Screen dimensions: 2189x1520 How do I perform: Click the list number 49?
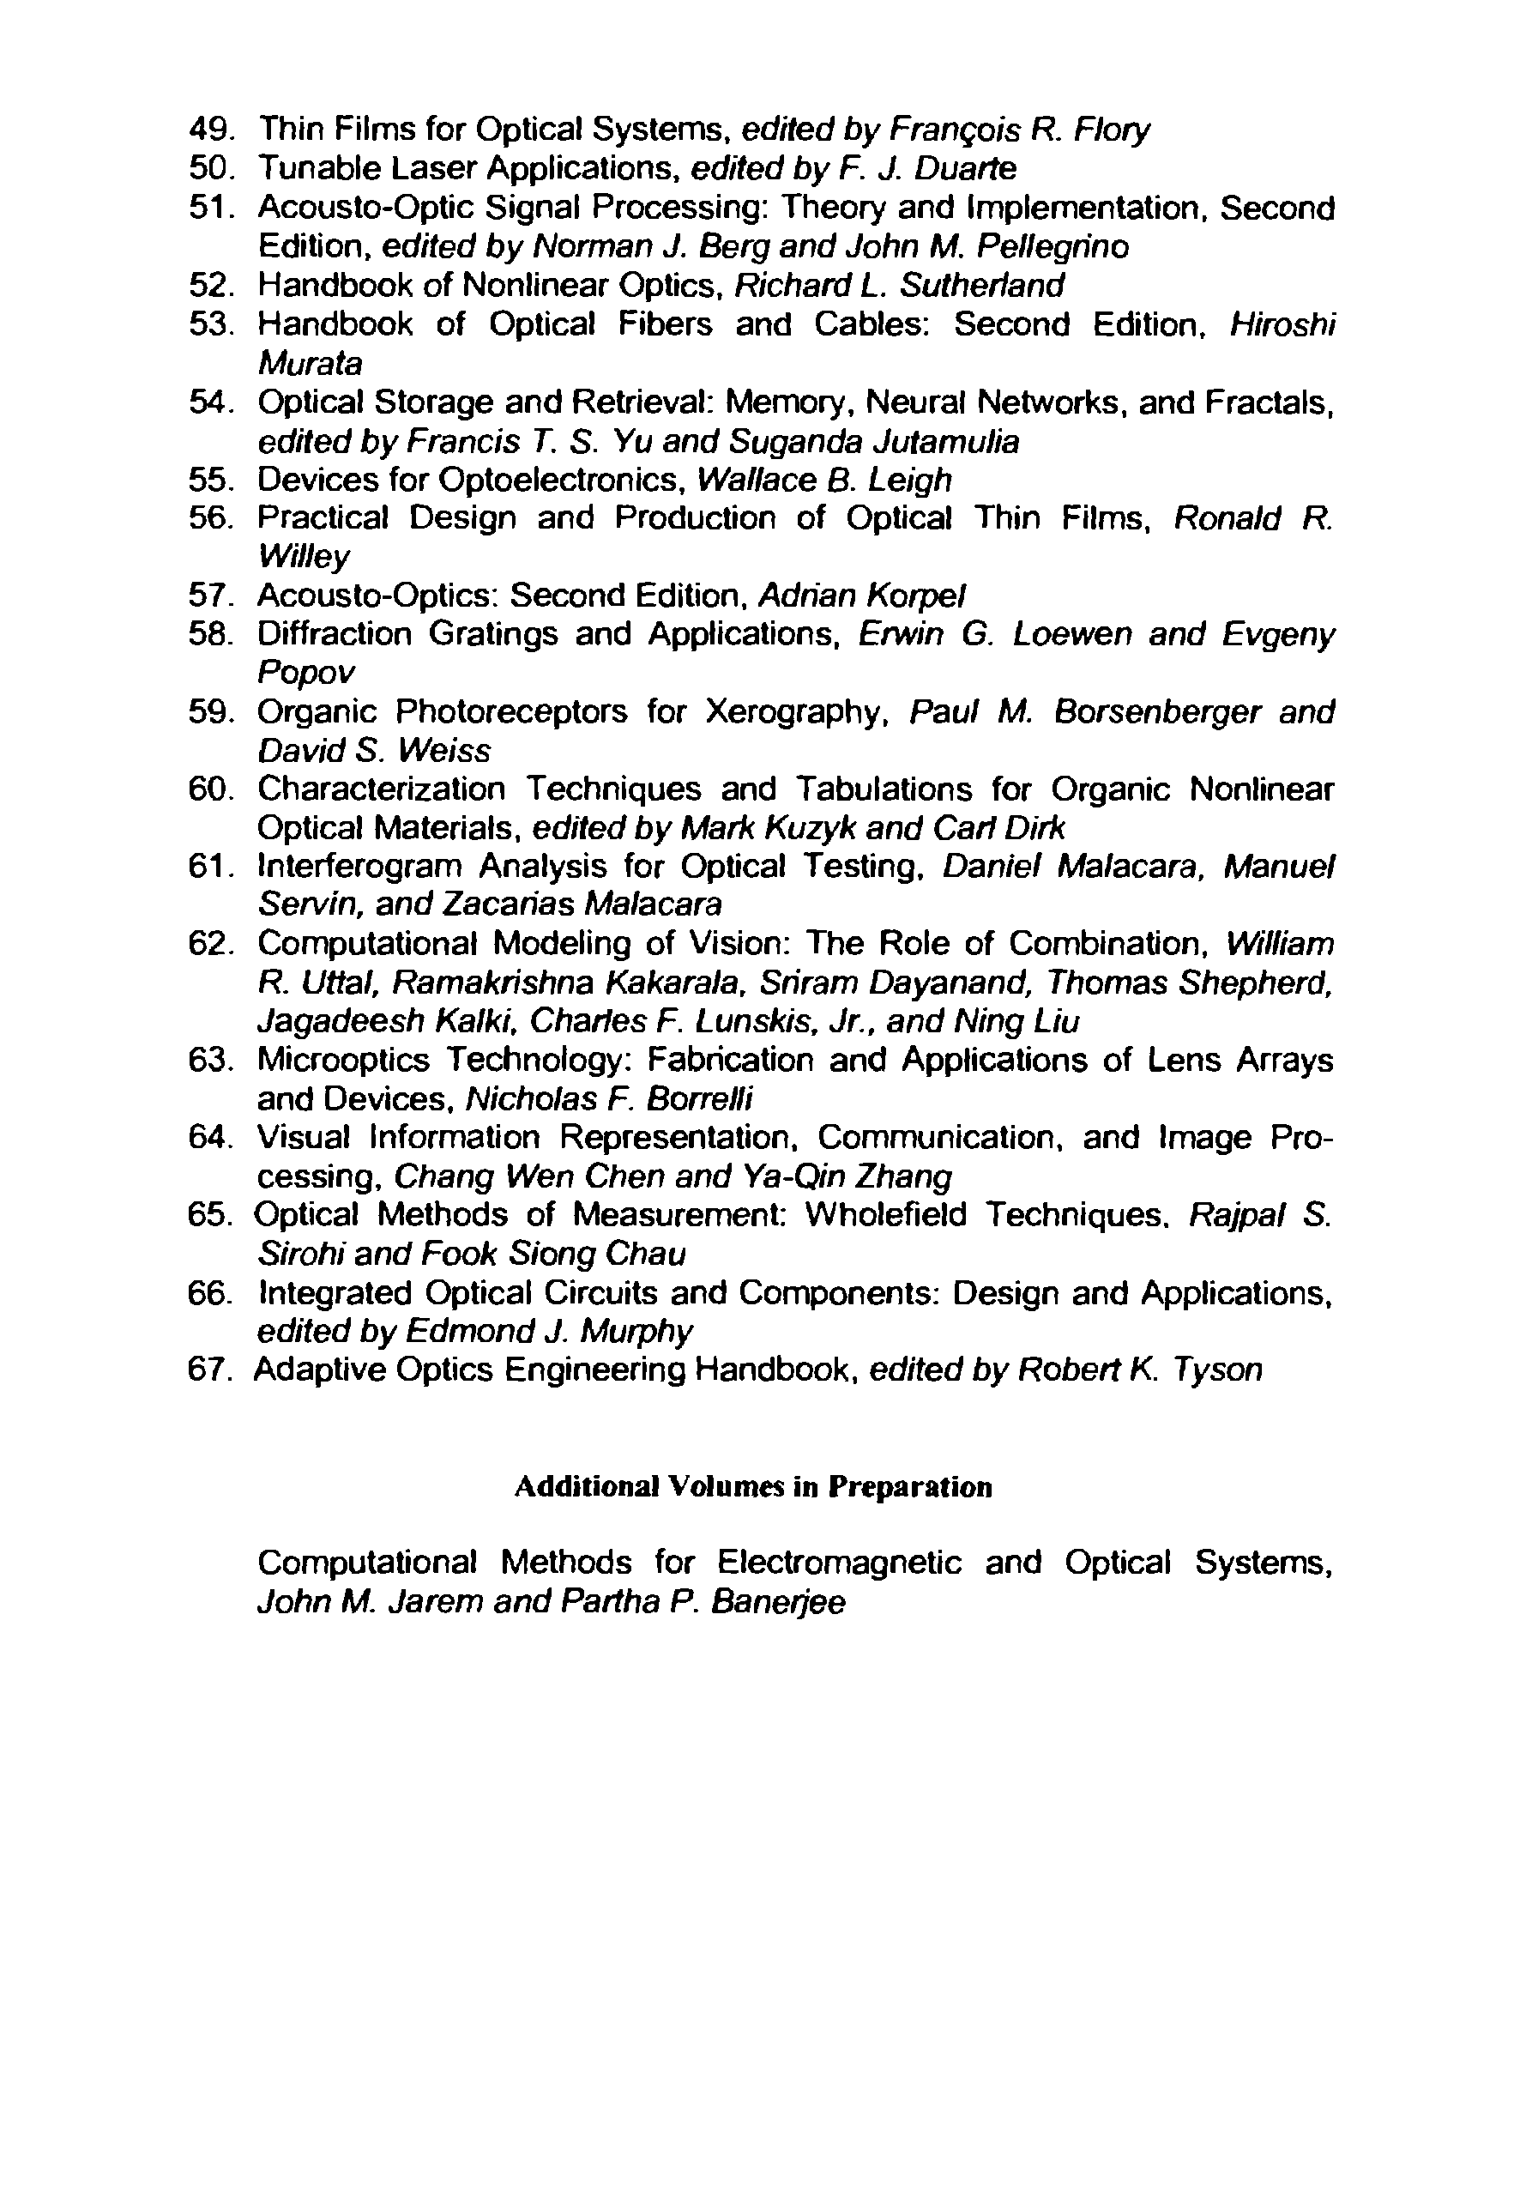tap(210, 128)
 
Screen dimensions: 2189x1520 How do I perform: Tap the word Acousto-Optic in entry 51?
tap(365, 207)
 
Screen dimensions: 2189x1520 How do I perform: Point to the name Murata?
tap(311, 363)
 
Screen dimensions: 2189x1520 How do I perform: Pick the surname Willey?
tap(304, 556)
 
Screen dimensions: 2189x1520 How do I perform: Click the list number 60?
tap(210, 789)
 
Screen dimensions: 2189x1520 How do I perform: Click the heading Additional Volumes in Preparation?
tap(752, 1487)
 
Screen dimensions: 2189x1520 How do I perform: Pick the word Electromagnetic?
tap(839, 1563)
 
